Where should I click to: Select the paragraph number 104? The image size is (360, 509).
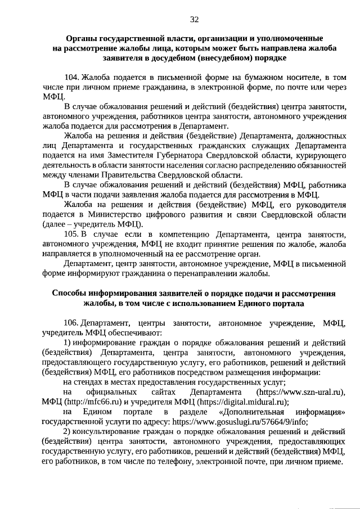pyautogui.click(x=71, y=76)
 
